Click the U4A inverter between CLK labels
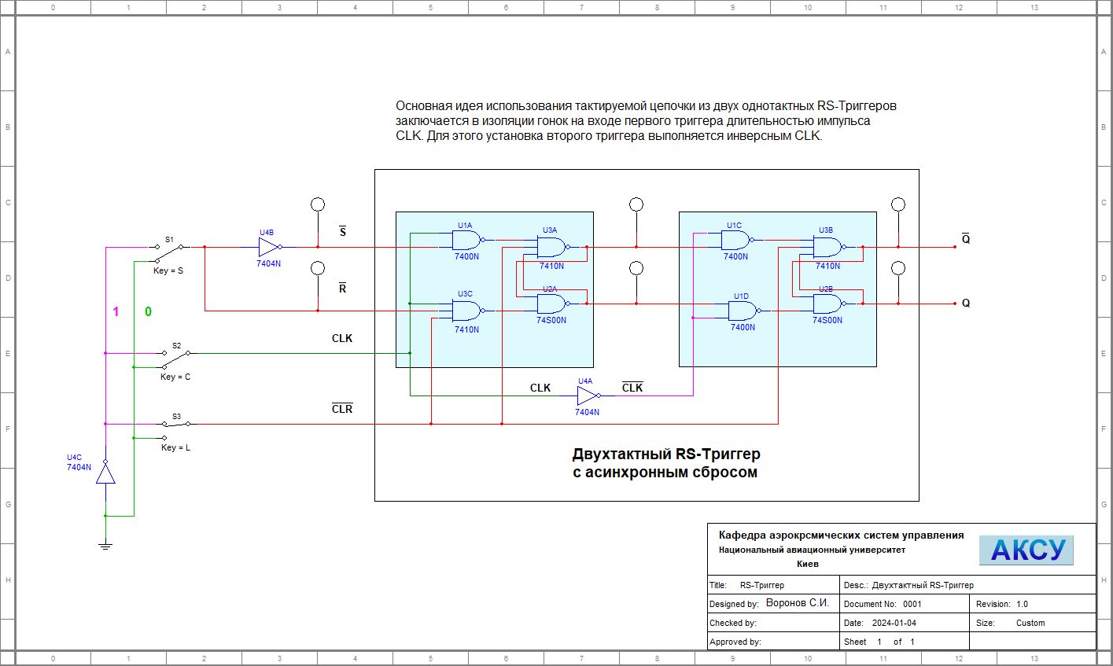(588, 396)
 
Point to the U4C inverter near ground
(105, 473)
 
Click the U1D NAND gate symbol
(743, 311)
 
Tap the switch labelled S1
(170, 252)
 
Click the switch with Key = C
(175, 359)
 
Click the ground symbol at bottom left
(105, 543)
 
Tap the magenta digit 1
(116, 312)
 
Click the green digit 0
(148, 312)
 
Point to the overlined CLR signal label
(342, 409)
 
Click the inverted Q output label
(966, 238)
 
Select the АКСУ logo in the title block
(1026, 550)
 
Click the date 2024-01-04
(894, 623)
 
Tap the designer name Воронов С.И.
(798, 603)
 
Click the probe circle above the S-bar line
(318, 204)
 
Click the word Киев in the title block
(808, 564)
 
